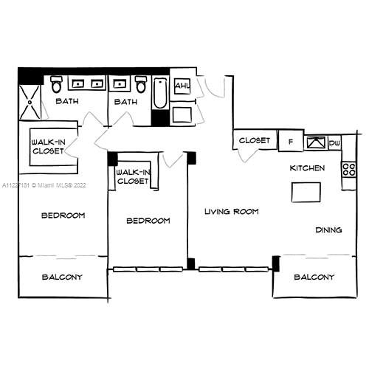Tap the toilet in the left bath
57,86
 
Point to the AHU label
182,87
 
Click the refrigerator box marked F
290,140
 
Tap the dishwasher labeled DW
334,142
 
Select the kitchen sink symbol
315,142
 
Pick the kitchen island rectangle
307,192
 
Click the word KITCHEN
307,168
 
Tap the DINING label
329,230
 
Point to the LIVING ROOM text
231,211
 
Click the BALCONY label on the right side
314,277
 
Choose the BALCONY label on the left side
61,277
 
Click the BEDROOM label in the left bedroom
63,215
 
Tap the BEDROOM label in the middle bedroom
148,221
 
